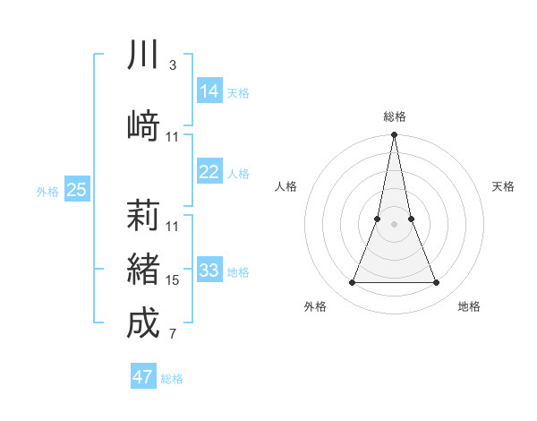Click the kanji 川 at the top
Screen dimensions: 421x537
pyautogui.click(x=143, y=55)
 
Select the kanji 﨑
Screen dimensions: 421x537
pyautogui.click(x=143, y=124)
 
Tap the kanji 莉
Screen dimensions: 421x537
pyautogui.click(x=143, y=215)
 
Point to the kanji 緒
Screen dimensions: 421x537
pyautogui.click(x=143, y=268)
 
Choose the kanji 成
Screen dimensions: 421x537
pyautogui.click(x=143, y=322)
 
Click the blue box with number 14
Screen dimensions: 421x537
pyautogui.click(x=209, y=91)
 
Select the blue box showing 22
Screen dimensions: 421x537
pyautogui.click(x=209, y=172)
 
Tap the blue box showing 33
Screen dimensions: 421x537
pyautogui.click(x=209, y=271)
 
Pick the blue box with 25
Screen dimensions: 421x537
pyautogui.click(x=77, y=189)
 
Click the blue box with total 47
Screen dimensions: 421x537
pyautogui.click(x=143, y=377)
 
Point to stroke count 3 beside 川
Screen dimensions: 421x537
pyautogui.click(x=172, y=65)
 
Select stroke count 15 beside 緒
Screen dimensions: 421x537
pyautogui.click(x=173, y=280)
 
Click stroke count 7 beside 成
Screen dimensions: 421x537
pyautogui.click(x=172, y=335)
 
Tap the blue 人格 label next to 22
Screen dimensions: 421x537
pyautogui.click(x=238, y=174)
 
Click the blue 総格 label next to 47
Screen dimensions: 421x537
pyautogui.click(x=172, y=379)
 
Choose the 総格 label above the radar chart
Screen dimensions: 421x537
pyautogui.click(x=395, y=116)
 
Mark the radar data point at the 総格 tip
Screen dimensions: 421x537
pyautogui.click(x=394, y=135)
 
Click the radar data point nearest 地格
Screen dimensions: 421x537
pyautogui.click(x=437, y=283)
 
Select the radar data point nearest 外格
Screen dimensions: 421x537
pyautogui.click(x=352, y=283)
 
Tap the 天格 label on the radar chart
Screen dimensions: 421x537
pyautogui.click(x=504, y=186)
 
